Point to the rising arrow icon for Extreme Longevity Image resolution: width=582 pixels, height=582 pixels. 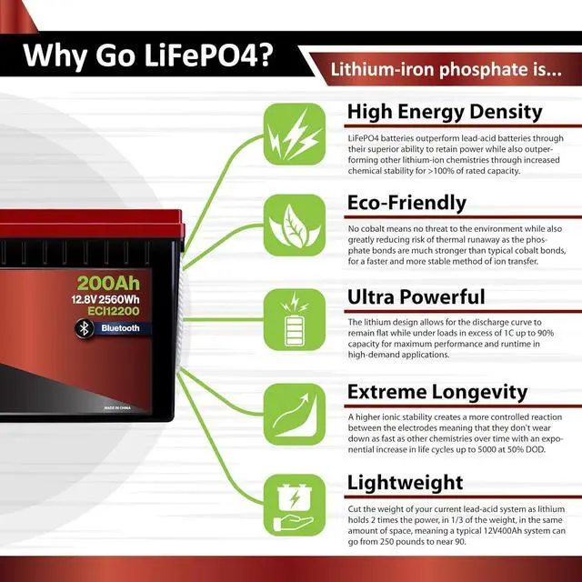click(x=294, y=414)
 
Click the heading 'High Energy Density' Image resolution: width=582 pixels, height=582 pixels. click(x=445, y=112)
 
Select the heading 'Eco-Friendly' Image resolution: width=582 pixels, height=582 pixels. click(x=406, y=203)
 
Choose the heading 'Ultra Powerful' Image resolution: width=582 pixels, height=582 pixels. click(x=416, y=296)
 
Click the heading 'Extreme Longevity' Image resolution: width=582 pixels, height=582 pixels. click(x=437, y=392)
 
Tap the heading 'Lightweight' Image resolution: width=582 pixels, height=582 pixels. click(x=406, y=482)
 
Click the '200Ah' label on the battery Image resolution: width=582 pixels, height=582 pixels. click(x=107, y=283)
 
